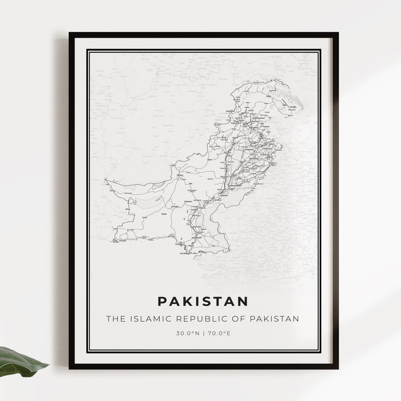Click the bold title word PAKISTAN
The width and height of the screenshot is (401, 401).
point(203,301)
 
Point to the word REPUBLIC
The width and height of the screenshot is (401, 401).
point(194,319)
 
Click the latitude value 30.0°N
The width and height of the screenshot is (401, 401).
point(186,333)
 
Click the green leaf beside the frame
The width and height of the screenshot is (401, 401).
point(20,360)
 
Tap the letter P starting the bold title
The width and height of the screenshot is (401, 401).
point(162,301)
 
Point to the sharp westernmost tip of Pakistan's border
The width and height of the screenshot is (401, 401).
point(105,179)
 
